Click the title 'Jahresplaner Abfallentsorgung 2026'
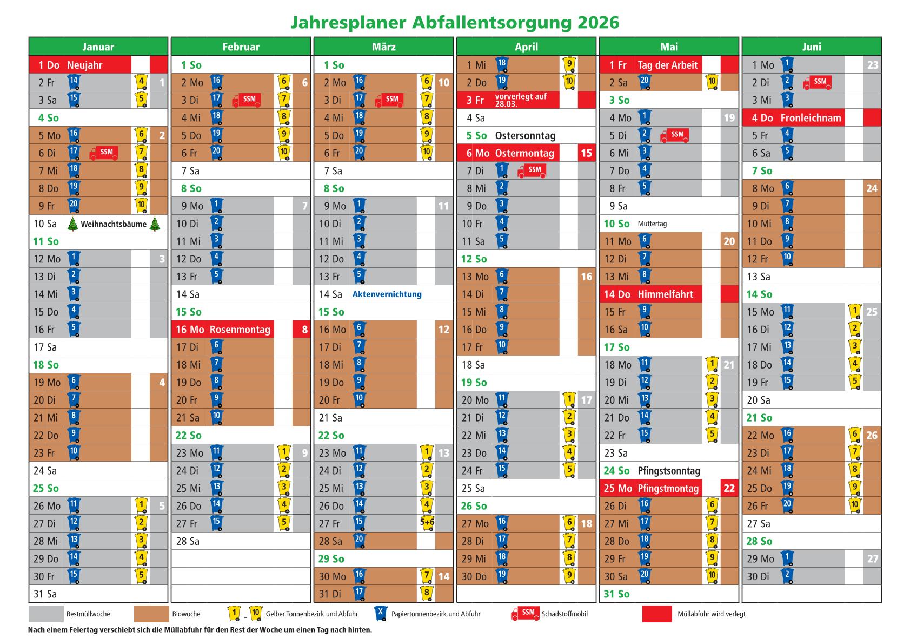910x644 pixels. (x=455, y=22)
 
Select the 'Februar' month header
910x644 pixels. (x=241, y=47)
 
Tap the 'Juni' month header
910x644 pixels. (x=812, y=47)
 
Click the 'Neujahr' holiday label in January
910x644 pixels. (x=85, y=65)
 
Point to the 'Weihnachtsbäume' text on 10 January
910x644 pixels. (x=114, y=224)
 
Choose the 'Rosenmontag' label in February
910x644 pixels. (x=240, y=330)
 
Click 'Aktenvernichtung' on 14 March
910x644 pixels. (x=387, y=294)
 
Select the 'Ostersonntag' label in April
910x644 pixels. (x=525, y=136)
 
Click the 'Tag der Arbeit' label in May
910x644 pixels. (x=667, y=65)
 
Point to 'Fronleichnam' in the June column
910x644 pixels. (x=811, y=118)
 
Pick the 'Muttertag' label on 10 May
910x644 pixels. (x=652, y=224)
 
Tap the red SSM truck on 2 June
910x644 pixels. (x=818, y=82)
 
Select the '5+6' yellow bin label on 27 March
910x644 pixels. (x=427, y=523)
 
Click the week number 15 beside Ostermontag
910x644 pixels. (x=587, y=153)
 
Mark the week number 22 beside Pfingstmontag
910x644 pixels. (x=729, y=488)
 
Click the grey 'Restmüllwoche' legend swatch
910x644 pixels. (x=46, y=614)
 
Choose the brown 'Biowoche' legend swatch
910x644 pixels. (x=151, y=614)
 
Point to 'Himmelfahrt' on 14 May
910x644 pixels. (x=665, y=294)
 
